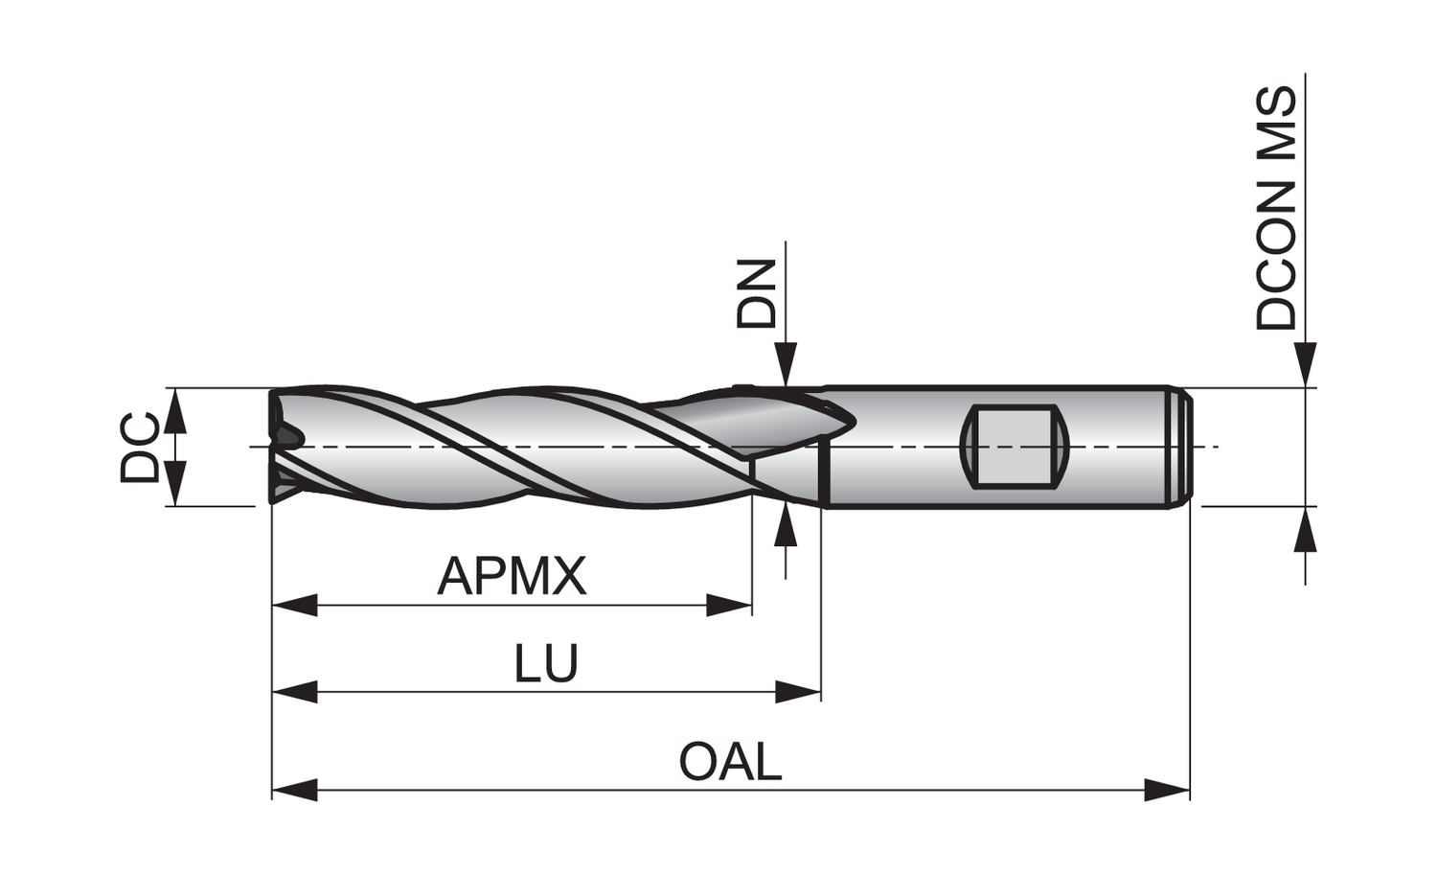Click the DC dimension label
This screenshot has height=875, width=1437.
tap(140, 447)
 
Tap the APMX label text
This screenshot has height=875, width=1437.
tap(512, 577)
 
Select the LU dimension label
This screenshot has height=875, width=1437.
tap(547, 663)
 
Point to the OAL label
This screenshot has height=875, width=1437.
tap(730, 763)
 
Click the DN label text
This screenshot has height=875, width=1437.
tap(756, 294)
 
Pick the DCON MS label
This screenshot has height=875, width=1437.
tap(1277, 209)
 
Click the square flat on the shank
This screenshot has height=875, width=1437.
tap(1013, 446)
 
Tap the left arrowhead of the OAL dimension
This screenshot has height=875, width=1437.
tap(294, 791)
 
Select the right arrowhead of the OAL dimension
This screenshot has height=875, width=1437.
tap(1167, 791)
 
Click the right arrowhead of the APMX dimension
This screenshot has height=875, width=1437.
tap(729, 605)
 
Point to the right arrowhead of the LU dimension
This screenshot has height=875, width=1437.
tap(798, 690)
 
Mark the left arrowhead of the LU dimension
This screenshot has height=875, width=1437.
tap(294, 690)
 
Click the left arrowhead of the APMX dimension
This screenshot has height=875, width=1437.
tap(294, 605)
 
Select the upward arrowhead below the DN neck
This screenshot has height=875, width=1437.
tap(786, 523)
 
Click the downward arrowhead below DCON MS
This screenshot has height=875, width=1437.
tap(1305, 365)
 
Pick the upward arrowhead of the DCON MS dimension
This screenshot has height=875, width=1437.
tap(1305, 529)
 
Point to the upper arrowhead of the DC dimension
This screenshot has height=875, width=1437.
tap(174, 410)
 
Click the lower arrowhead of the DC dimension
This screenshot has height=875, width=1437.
tap(174, 483)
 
